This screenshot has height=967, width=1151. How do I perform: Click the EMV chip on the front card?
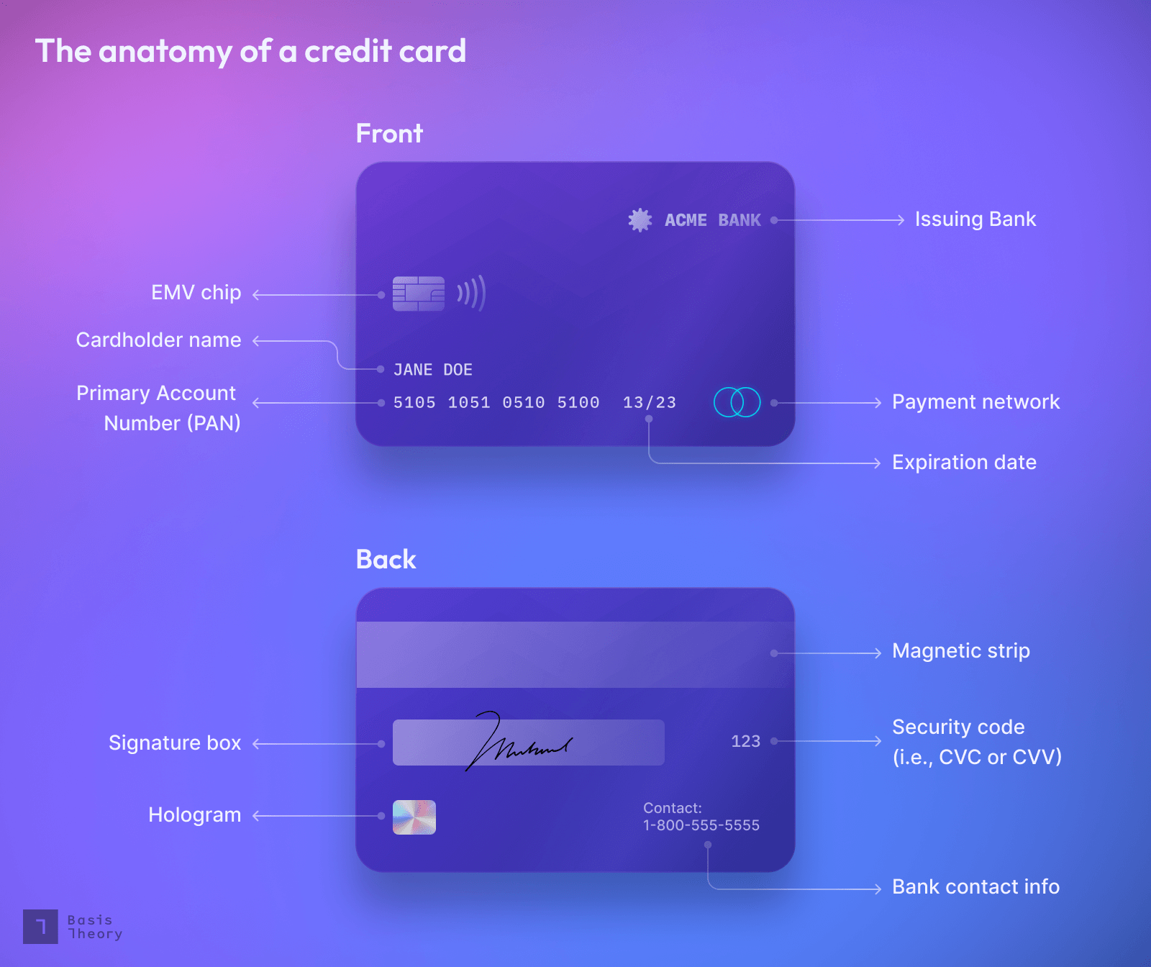tap(418, 294)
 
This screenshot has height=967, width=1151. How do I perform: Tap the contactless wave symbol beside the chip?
tap(472, 293)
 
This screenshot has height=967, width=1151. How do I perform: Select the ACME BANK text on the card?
tap(712, 220)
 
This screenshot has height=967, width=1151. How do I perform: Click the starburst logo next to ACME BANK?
tap(640, 219)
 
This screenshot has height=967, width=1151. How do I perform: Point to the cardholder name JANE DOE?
tap(432, 370)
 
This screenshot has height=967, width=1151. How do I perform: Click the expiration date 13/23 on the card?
tap(649, 403)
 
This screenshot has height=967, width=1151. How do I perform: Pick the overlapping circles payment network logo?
tap(737, 402)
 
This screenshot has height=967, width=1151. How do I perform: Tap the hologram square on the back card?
tap(414, 817)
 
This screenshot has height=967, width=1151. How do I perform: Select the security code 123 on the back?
tap(745, 741)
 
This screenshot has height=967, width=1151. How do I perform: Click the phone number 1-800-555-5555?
tap(701, 825)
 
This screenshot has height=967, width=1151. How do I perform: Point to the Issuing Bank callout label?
tap(975, 219)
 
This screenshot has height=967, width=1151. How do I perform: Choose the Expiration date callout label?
tap(964, 463)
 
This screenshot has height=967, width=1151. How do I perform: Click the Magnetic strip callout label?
tap(960, 651)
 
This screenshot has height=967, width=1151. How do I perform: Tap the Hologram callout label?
tap(194, 815)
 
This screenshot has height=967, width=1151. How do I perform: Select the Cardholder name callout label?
tap(158, 340)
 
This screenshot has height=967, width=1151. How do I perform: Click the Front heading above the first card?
tap(389, 134)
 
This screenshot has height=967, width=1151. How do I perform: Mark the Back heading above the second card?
tap(386, 560)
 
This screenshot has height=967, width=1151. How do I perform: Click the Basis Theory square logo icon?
tap(40, 927)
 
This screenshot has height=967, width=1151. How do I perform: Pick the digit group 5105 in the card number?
tap(414, 403)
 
